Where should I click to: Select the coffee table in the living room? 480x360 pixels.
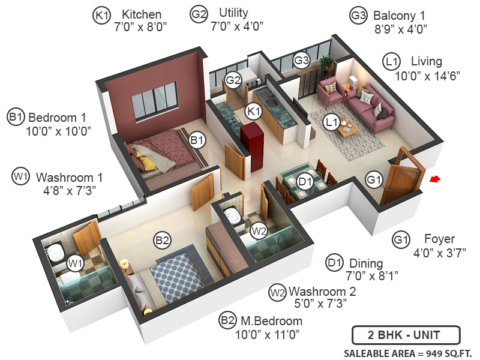348,128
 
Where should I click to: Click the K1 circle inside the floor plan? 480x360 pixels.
254,111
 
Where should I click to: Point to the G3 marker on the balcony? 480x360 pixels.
301,60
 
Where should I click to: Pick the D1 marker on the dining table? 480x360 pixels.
305,180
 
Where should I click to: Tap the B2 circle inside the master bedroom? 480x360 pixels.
162,241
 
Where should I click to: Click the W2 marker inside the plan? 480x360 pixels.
259,230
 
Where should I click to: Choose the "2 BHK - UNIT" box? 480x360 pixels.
406,334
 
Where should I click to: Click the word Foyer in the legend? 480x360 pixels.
439,239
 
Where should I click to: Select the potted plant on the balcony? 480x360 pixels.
326,62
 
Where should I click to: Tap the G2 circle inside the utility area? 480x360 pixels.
233,80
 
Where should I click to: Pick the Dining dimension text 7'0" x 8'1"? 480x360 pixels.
371,276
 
